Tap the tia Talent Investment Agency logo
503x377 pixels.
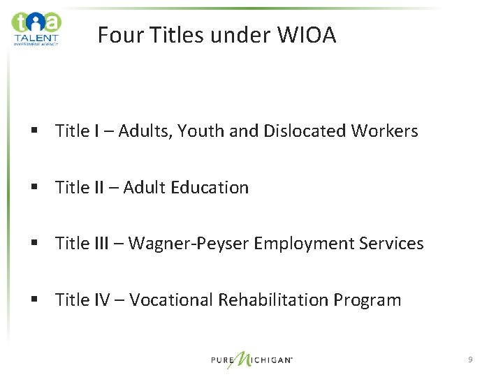pyautogui.click(x=36, y=28)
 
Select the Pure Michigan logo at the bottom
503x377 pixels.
pyautogui.click(x=251, y=360)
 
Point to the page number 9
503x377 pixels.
pyautogui.click(x=470, y=360)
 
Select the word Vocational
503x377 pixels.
pyautogui.click(x=171, y=300)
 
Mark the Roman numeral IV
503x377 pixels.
pyautogui.click(x=101, y=300)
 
